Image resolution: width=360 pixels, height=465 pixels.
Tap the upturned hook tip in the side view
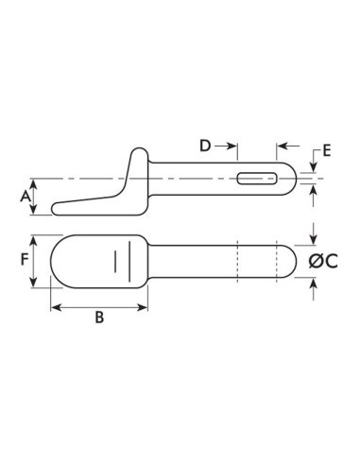(x=139, y=151)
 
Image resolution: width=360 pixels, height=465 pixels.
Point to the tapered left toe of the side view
(x=59, y=205)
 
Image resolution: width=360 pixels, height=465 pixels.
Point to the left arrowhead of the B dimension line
(x=55, y=305)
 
